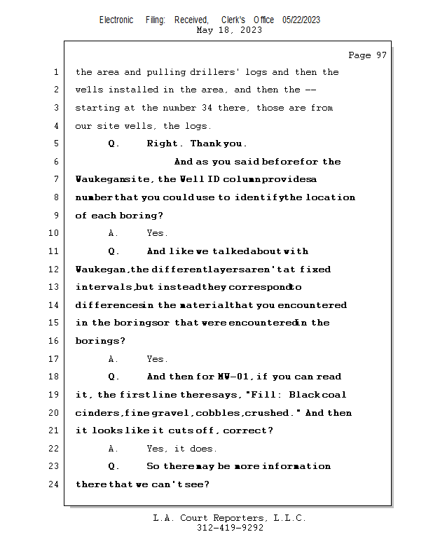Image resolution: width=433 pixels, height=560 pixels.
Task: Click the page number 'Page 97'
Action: pyautogui.click(x=367, y=55)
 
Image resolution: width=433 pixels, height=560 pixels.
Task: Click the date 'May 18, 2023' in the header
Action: pyautogui.click(x=230, y=30)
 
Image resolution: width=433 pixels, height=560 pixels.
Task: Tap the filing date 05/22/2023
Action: pyautogui.click(x=301, y=20)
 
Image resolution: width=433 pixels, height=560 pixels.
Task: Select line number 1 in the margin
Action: pyautogui.click(x=55, y=72)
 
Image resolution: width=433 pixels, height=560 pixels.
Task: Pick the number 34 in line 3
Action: pyautogui.click(x=208, y=108)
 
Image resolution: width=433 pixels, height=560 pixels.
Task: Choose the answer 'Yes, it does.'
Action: pyautogui.click(x=181, y=449)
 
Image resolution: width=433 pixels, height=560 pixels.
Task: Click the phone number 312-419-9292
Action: pyautogui.click(x=230, y=528)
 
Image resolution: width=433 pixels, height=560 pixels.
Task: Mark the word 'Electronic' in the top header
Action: pyautogui.click(x=116, y=20)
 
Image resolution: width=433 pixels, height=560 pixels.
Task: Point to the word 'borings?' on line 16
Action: pyautogui.click(x=100, y=341)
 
